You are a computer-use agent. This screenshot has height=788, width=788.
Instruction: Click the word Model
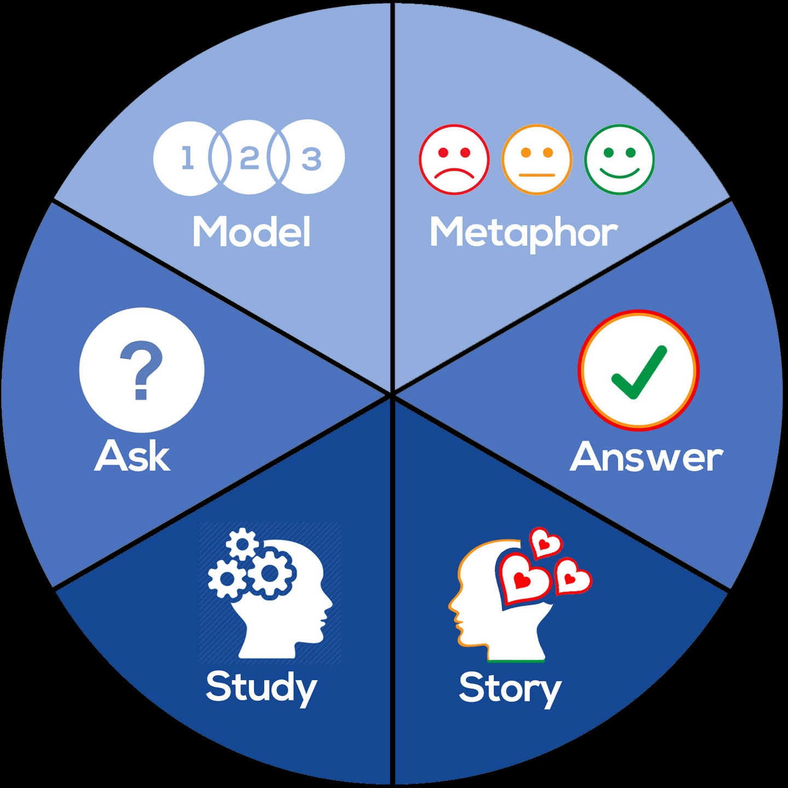point(252,232)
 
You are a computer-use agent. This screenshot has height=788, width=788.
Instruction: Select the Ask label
point(132,456)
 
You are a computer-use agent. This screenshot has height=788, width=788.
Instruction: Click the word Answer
point(646,457)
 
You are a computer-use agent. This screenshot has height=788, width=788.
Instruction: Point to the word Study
point(261,687)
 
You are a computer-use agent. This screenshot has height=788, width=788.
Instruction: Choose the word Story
point(510,688)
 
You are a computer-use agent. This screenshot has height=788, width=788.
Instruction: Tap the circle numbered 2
point(250,158)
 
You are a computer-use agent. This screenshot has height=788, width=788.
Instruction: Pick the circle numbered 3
point(312,158)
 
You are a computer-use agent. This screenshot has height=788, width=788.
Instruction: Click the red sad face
point(454,159)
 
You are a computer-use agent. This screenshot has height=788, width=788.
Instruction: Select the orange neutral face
point(537,159)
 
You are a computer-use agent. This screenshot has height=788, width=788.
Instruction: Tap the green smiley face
point(619,159)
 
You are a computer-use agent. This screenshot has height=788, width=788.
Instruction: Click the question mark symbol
point(141,369)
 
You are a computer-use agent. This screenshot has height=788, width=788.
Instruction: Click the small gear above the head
point(242,544)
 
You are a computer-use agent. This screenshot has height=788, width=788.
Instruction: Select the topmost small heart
point(546,543)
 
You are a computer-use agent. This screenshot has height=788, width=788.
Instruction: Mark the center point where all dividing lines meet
point(392,393)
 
